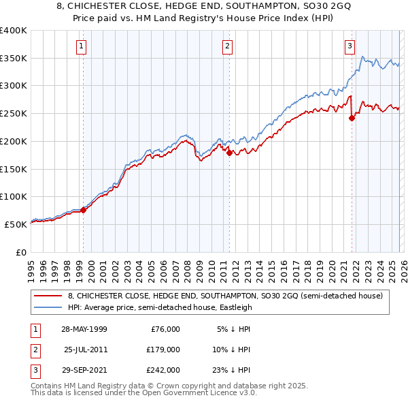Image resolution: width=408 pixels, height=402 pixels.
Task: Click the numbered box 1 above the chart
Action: tap(82, 46)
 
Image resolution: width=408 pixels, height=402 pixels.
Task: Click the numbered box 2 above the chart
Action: tap(227, 46)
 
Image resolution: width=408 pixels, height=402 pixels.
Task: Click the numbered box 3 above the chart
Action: tap(350, 46)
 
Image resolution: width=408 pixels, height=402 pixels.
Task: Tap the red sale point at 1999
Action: tap(84, 210)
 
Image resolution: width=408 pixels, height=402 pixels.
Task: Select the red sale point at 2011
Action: tap(229, 153)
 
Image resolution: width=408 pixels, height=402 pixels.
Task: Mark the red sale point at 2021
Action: tap(352, 118)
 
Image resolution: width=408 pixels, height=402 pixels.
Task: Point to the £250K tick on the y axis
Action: tap(13, 113)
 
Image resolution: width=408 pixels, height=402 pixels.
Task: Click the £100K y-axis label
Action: tap(13, 196)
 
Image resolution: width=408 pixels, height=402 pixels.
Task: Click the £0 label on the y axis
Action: tap(19, 252)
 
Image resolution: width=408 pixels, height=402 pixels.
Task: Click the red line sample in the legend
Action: tap(48, 296)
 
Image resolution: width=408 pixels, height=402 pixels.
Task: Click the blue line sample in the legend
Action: tap(48, 307)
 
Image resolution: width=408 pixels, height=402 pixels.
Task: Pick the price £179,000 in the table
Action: tap(163, 350)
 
